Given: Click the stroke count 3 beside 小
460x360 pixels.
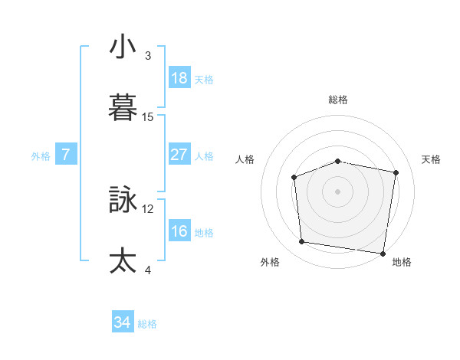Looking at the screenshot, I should point(148,55).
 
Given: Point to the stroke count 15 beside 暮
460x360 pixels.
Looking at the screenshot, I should point(148,117).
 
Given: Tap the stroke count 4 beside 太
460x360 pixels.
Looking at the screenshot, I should point(148,270).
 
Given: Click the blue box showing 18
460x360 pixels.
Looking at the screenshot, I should point(179,78).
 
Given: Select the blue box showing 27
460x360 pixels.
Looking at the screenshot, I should point(179,154).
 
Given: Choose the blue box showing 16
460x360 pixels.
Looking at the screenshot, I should point(179,231).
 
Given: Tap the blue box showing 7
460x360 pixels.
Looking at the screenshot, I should point(66,155).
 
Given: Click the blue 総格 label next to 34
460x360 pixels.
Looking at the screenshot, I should point(147,324).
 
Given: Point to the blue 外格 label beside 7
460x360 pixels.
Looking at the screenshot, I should point(41,155).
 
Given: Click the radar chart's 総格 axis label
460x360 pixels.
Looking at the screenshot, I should point(338,100).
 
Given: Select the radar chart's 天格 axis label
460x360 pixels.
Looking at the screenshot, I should point(432,159).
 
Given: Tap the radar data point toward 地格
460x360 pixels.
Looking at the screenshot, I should point(383,253).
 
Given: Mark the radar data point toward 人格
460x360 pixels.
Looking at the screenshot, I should point(294,178).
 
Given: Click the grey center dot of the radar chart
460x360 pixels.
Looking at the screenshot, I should point(338,191).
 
